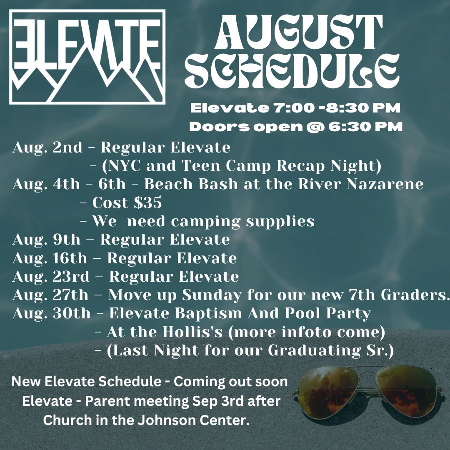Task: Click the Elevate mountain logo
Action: point(87,57)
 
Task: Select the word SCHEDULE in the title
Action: point(292,70)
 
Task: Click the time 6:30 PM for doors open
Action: point(365,127)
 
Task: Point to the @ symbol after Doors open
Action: point(315,127)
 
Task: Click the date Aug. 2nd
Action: point(47,148)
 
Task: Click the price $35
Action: point(148,202)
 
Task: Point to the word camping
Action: point(205,222)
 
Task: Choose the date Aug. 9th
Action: point(47,240)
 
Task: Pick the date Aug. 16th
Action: point(50,258)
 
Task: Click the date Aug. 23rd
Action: point(51,277)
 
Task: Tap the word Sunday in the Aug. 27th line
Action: point(212,295)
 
